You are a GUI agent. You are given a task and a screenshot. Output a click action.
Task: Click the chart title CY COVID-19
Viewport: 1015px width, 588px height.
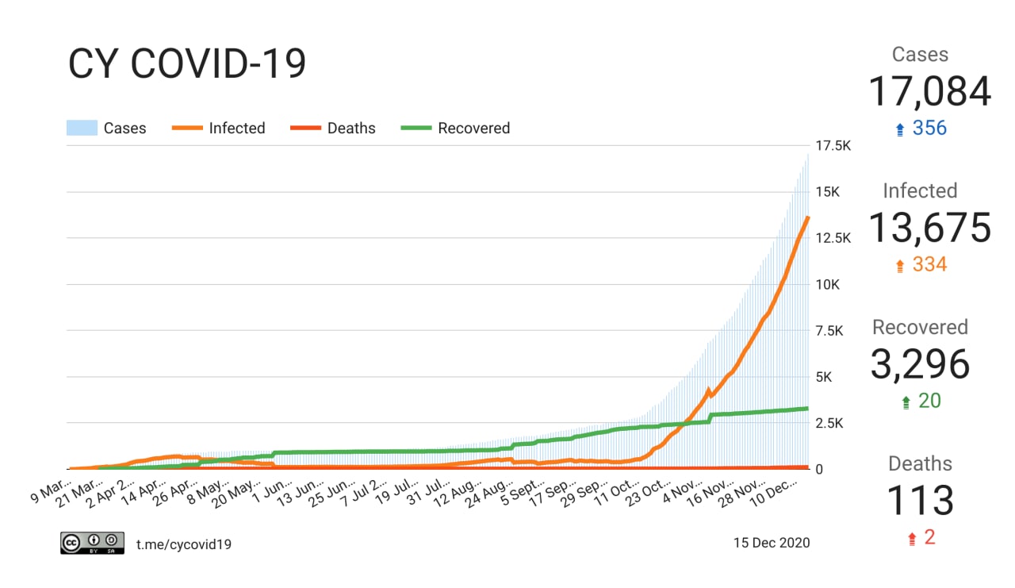187,64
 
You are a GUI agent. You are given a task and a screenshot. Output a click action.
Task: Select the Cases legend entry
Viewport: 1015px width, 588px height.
106,128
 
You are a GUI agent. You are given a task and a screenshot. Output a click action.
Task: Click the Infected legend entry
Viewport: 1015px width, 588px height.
219,128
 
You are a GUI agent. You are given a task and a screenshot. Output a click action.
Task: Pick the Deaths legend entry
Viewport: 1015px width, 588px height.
333,128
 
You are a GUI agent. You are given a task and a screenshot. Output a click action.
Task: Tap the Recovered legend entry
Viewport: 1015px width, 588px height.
456,128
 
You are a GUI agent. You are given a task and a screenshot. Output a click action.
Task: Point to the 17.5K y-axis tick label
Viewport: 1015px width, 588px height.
833,146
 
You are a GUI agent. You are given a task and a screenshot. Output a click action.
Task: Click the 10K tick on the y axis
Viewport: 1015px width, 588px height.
829,284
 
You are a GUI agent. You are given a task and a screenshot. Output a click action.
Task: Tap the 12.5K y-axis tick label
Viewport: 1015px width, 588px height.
833,238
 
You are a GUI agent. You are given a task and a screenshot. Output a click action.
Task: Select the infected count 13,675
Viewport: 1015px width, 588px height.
929,228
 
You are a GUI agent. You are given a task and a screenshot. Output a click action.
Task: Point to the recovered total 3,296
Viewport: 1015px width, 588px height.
920,364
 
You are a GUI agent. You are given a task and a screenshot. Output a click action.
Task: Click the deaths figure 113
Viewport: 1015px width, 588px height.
920,501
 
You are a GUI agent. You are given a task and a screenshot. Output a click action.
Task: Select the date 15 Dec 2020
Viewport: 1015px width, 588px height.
772,543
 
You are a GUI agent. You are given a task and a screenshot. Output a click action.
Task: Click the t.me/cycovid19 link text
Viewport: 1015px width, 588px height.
184,544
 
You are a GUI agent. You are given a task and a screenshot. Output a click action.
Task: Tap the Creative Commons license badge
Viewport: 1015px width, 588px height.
92,543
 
